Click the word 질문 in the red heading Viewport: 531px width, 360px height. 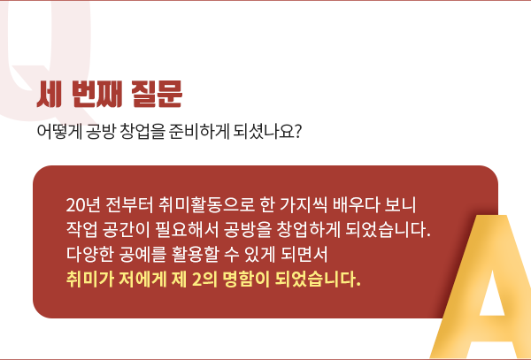pyautogui.click(x=157, y=95)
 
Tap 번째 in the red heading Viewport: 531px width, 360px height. pyautogui.click(x=96, y=95)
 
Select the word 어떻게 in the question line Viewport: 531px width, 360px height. pyautogui.click(x=59, y=132)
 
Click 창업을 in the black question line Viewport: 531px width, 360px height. pyautogui.click(x=142, y=132)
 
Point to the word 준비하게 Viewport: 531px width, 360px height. pyautogui.click(x=199, y=132)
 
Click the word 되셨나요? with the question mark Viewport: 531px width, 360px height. pyautogui.click(x=267, y=132)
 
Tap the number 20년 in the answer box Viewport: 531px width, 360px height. pyautogui.click(x=83, y=205)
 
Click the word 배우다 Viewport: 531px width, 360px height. pyautogui.click(x=356, y=205)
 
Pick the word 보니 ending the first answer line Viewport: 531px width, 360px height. pyautogui.click(x=400, y=205)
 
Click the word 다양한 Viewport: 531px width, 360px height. pyautogui.click(x=89, y=255)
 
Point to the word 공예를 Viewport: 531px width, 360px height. pyautogui.click(x=142, y=255)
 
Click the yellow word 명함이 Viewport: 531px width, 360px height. pyautogui.click(x=246, y=280)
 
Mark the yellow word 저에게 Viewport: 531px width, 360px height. pyautogui.click(x=142, y=280)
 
